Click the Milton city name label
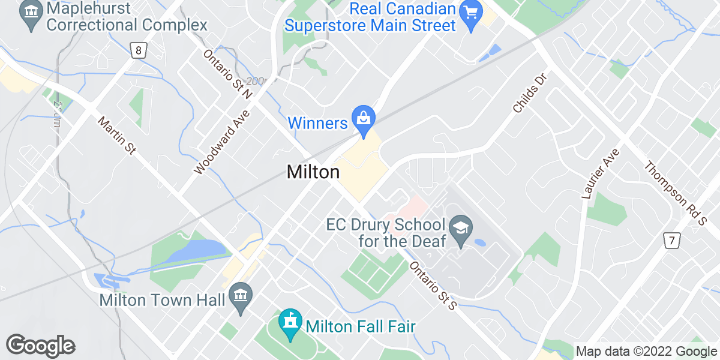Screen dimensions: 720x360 click(313, 172)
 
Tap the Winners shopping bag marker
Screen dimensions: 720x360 click(364, 117)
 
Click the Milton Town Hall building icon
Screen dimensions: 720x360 click(241, 295)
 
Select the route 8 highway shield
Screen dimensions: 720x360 click(139, 51)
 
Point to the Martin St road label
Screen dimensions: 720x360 click(117, 136)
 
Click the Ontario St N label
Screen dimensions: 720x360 click(227, 74)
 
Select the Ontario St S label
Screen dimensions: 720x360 click(434, 286)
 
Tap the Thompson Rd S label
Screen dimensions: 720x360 click(675, 193)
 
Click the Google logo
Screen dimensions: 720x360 click(40, 346)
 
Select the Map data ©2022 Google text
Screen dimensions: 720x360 click(646, 351)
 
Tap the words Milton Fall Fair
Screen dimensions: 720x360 click(361, 327)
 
